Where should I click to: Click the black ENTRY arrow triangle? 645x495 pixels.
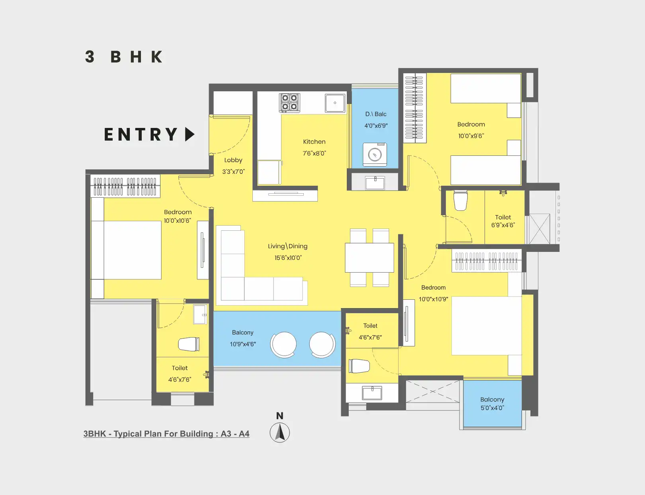coord(190,134)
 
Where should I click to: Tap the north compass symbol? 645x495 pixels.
coord(280,433)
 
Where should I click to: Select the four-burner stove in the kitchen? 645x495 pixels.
coord(289,102)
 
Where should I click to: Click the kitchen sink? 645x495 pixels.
coord(335,103)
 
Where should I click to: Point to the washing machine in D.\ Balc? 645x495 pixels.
coord(375,154)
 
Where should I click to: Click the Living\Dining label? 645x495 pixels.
coord(287,246)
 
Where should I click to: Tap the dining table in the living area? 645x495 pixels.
coord(369,257)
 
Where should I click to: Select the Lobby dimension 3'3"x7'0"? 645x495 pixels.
coord(233,172)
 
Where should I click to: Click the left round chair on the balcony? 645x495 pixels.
coord(283,344)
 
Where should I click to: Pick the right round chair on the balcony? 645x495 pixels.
coord(322,344)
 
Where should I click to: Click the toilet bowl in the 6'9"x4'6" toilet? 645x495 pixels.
coord(460,200)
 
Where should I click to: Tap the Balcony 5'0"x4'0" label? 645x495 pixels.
coord(492,403)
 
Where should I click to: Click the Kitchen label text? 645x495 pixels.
coord(314,142)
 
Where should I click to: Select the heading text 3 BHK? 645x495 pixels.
coord(124,57)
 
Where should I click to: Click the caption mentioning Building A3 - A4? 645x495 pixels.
coord(166,434)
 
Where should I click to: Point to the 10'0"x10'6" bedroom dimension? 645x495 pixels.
coord(178,221)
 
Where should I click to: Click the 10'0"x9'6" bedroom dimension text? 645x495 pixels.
coord(471,136)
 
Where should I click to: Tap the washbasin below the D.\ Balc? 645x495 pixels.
coord(375,183)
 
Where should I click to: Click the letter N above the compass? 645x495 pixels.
coord(280,416)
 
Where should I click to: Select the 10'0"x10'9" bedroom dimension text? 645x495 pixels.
coord(433,299)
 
